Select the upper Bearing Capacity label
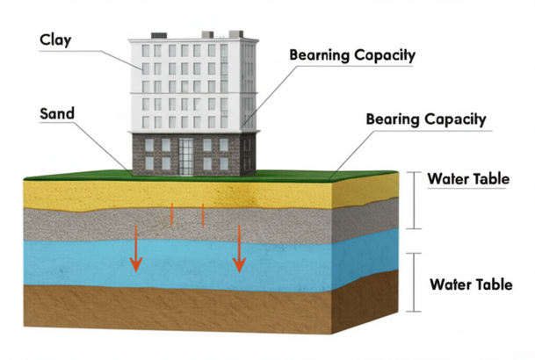coord(352,54)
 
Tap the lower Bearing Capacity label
coord(425,118)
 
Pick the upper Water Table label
coord(467,179)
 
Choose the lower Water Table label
coord(470,284)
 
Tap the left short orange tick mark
coord(172,213)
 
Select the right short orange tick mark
coord(204,214)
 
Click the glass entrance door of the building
coord(189,155)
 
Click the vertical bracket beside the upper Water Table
coord(414,199)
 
